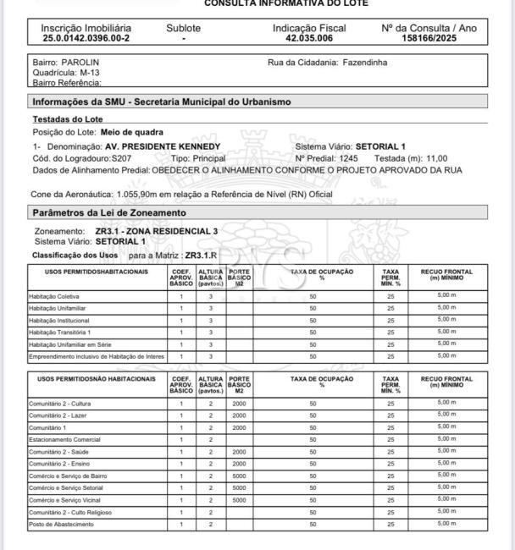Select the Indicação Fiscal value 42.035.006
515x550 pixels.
pos(308,39)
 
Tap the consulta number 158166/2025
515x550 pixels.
pos(429,39)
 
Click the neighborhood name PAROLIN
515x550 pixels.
pos(80,63)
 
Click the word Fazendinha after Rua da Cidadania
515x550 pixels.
pos(365,63)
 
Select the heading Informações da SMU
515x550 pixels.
pos(161,102)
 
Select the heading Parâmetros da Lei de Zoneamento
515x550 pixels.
pos(109,212)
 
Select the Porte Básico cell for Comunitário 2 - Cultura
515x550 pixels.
pos(240,404)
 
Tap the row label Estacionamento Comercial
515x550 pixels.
pos(64,440)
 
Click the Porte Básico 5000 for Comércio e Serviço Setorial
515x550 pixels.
pos(240,487)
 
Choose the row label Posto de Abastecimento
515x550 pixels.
pos(60,525)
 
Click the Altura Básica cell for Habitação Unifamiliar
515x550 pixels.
pos(210,308)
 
